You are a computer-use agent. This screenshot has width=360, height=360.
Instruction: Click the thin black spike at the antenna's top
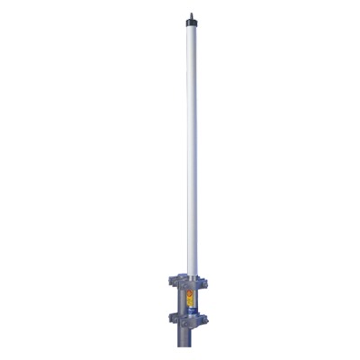tap(192, 12)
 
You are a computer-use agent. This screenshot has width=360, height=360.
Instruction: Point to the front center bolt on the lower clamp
tap(192, 320)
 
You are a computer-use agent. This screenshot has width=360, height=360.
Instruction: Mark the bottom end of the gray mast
tap(192, 356)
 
